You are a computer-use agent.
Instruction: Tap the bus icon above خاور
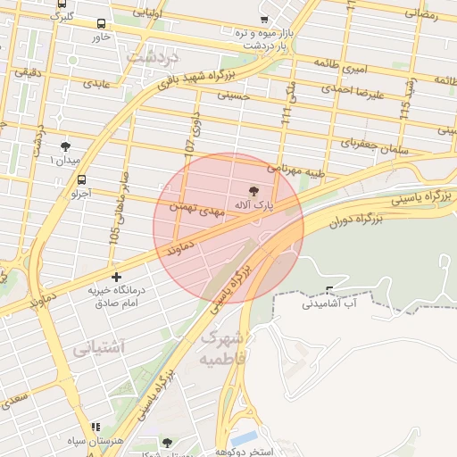coord(100,23)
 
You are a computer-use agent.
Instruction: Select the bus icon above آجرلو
coord(81,178)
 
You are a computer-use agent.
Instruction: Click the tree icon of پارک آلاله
coord(253,190)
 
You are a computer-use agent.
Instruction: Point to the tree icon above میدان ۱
coord(65,146)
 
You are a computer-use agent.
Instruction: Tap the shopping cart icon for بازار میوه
coord(262,19)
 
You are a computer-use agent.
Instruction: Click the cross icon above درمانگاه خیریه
coord(116,277)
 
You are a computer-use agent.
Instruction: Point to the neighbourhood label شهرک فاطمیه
coord(221,347)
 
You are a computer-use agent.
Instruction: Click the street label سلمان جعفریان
coord(374,145)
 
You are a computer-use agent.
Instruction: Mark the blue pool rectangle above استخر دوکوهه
coord(243,438)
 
